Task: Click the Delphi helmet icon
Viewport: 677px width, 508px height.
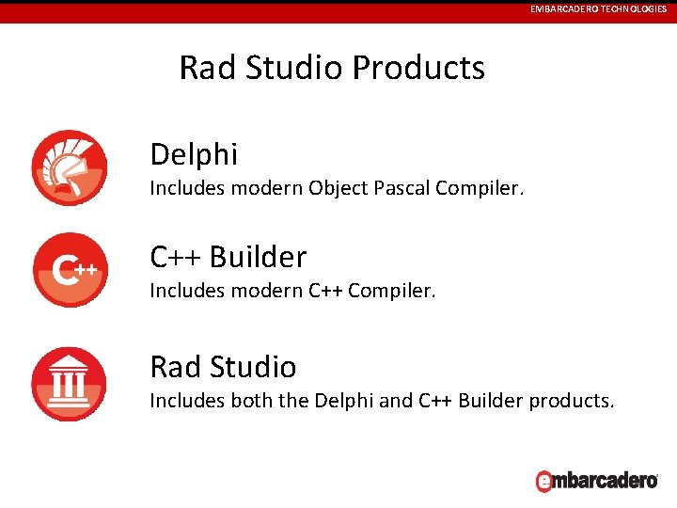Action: tap(69, 167)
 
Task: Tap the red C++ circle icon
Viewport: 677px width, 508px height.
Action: tap(69, 270)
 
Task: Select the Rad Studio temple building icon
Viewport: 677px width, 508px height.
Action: tap(69, 384)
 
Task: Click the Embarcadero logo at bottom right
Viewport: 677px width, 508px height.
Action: tap(595, 480)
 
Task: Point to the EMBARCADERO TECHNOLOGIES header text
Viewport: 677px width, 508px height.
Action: tap(598, 8)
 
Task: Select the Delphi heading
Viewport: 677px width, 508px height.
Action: tap(194, 153)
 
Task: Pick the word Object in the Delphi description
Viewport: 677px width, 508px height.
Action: tap(338, 188)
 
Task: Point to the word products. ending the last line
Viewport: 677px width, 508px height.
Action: tap(572, 401)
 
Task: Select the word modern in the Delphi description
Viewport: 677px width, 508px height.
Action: tap(260, 188)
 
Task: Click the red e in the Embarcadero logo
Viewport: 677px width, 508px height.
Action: tap(543, 482)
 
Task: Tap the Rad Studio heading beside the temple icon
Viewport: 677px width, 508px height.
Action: tap(223, 366)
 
